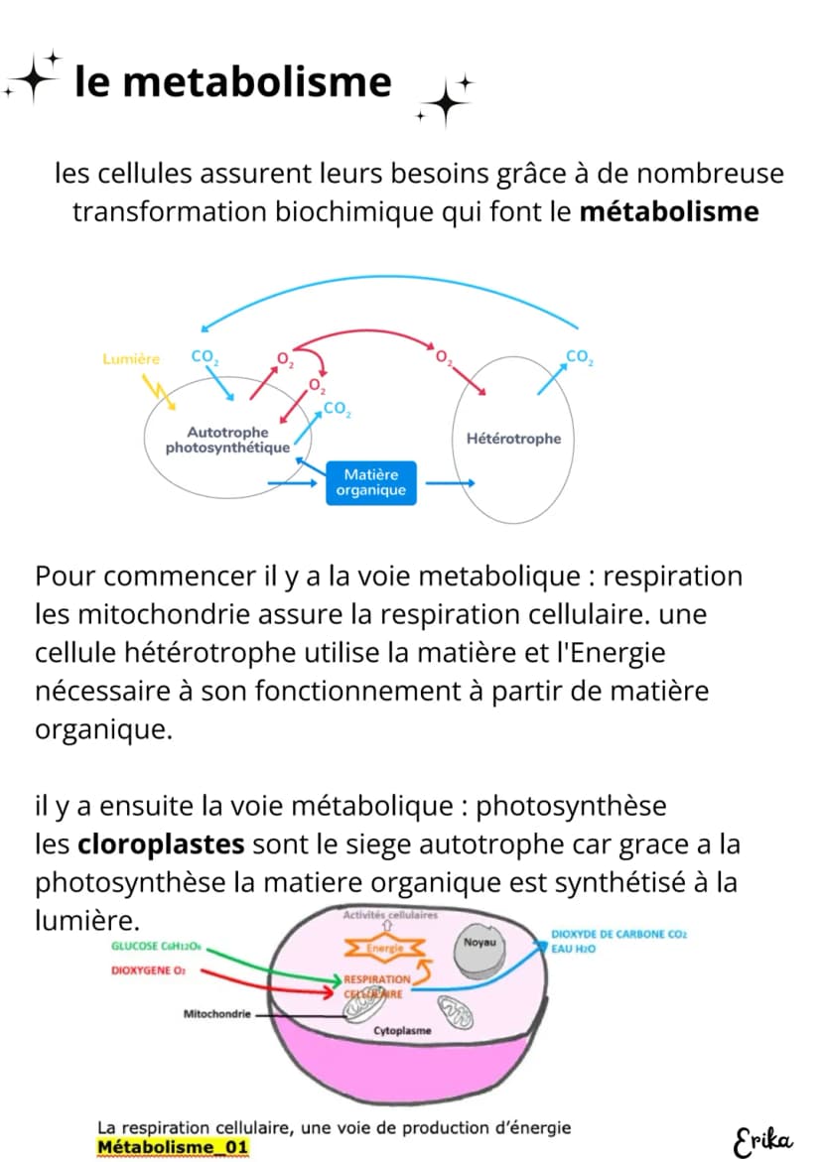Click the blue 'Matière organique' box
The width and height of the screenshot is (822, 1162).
pyautogui.click(x=370, y=482)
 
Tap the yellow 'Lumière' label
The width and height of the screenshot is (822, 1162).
pyautogui.click(x=131, y=358)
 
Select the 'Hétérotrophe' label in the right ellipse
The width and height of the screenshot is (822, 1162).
pyautogui.click(x=513, y=438)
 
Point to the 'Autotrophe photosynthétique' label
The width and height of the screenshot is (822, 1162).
pyautogui.click(x=227, y=440)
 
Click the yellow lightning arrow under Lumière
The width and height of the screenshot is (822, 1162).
pyautogui.click(x=159, y=391)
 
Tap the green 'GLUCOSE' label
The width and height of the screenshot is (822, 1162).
pyautogui.click(x=156, y=947)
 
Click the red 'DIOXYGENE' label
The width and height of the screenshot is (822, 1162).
pyautogui.click(x=148, y=970)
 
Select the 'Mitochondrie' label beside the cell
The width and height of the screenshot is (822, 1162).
pyautogui.click(x=217, y=1014)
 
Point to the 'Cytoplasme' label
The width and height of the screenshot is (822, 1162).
pyautogui.click(x=402, y=1031)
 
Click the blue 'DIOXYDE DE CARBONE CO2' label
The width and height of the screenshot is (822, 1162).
pyautogui.click(x=618, y=934)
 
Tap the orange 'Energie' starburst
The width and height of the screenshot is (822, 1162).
pyautogui.click(x=384, y=948)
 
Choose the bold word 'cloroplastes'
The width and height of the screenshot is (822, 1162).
pyautogui.click(x=161, y=844)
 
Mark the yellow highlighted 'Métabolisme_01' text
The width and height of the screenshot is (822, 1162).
pyautogui.click(x=173, y=1147)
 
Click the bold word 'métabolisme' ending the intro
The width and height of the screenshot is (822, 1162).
pyautogui.click(x=668, y=212)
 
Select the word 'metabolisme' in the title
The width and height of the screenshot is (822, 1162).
pyautogui.click(x=256, y=81)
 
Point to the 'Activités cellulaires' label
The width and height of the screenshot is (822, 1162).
pyautogui.click(x=390, y=915)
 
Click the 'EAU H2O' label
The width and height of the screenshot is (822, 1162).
pyautogui.click(x=573, y=949)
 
